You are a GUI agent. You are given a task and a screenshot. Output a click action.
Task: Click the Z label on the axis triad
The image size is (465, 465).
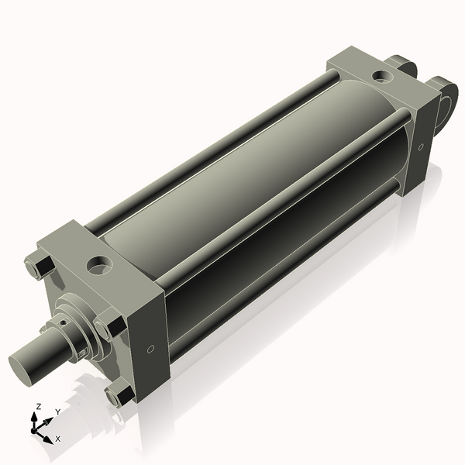[x=39, y=406]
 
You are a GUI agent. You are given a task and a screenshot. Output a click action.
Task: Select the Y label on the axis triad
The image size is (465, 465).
[x=57, y=412]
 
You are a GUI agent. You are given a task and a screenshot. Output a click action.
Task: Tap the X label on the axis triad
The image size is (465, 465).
[x=57, y=438]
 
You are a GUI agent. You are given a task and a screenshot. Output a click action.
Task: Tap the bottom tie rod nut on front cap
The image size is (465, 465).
[x=119, y=396]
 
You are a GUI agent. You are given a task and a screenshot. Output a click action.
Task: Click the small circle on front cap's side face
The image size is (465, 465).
[x=150, y=348]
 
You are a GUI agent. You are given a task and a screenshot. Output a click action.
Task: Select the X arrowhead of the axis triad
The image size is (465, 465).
[x=50, y=436]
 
